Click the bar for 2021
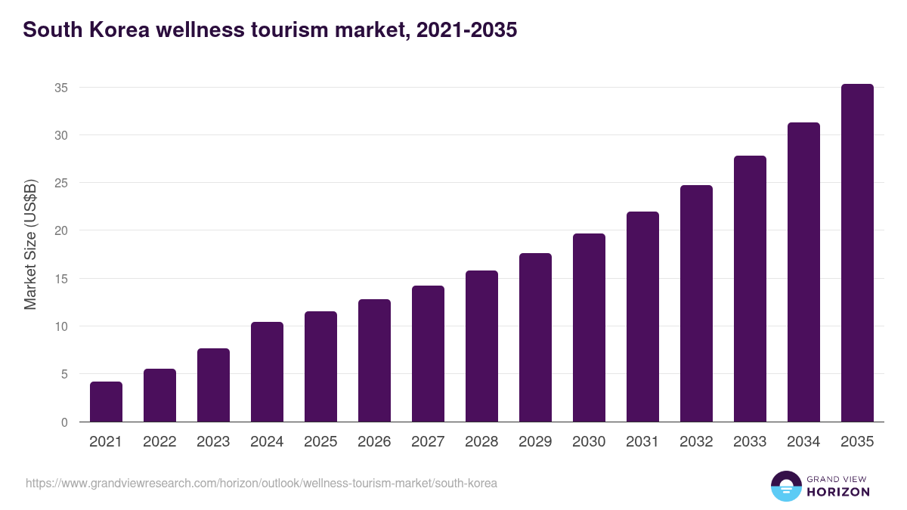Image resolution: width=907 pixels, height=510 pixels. pos(106,402)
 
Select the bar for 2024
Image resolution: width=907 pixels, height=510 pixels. pos(267,372)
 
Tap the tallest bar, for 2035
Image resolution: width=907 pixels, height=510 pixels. pos(857,253)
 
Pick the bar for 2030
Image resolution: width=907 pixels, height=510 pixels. pos(589,328)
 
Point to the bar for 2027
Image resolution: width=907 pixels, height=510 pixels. pos(428,354)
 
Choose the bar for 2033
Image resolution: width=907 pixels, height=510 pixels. pos(750,289)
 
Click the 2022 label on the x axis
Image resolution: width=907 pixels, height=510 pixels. pos(159,442)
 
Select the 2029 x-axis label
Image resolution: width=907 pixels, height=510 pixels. pos(535,442)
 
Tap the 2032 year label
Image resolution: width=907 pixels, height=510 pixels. pos(696,442)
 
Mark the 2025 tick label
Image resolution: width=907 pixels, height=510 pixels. pos(320,442)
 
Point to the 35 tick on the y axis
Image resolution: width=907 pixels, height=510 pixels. pos(61,88)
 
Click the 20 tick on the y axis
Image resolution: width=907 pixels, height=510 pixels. pos(61,230)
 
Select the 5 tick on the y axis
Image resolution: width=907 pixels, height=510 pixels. pos(64,374)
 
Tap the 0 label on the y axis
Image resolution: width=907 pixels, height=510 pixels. pos(64,422)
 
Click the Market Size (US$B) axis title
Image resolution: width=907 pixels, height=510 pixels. pos(30,244)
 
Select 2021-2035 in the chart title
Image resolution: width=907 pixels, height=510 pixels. pos(464,30)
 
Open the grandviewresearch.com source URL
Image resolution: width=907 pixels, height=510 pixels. pos(262,483)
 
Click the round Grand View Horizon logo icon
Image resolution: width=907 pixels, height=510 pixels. pos(786,486)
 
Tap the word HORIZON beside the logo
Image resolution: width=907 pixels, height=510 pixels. pos(838,492)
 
